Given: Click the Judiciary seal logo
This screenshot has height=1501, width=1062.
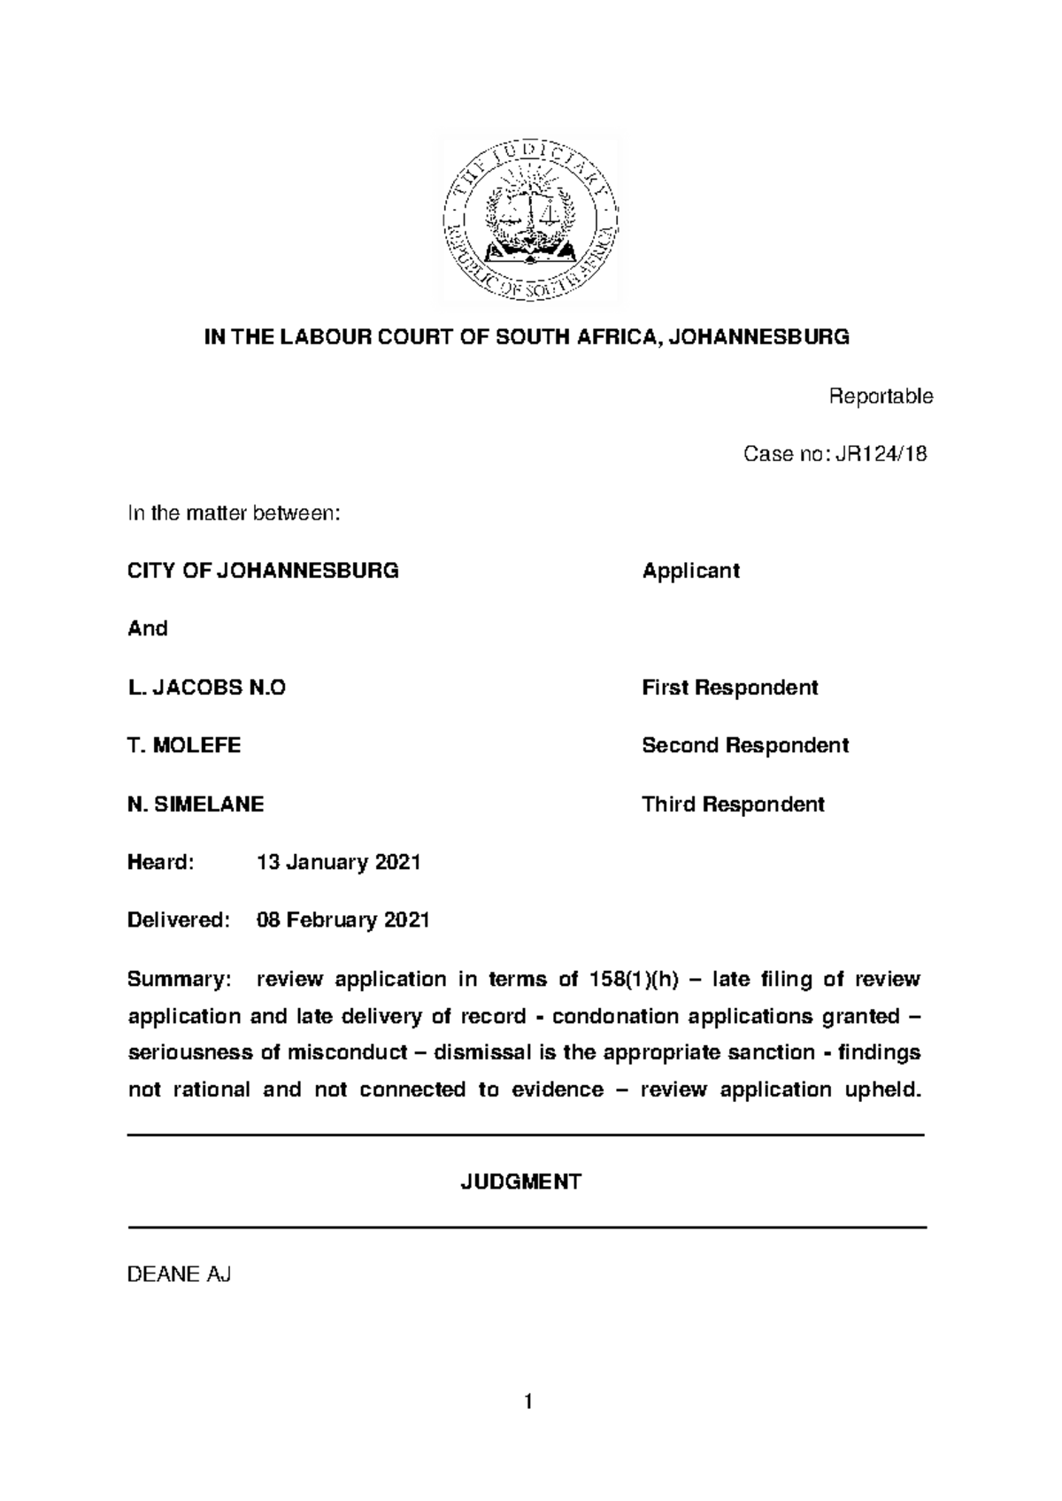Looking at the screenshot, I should coord(529,218).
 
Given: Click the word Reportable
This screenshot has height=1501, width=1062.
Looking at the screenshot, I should coord(880,396).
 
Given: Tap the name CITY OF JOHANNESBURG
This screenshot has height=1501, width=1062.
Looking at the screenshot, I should coord(263,571).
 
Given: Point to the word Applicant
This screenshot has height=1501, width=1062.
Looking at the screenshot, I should coord(690,571).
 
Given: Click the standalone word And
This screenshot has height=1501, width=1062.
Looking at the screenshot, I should coord(148,628).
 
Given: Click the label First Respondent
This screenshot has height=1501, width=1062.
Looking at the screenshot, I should coord(729,688).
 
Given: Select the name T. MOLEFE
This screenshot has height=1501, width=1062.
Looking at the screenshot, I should coord(184,745).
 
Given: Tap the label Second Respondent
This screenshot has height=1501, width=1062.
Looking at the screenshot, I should coord(744,745).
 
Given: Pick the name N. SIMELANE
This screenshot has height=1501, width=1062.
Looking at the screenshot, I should coord(196,804).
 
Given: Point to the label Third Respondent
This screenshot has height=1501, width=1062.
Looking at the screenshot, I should coord(733,804).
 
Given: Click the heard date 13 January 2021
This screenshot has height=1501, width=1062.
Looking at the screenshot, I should coord(338,862).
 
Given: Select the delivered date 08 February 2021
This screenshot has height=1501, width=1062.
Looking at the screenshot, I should coord(342,920).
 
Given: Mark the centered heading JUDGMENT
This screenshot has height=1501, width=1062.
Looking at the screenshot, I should coord(520,1182).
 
